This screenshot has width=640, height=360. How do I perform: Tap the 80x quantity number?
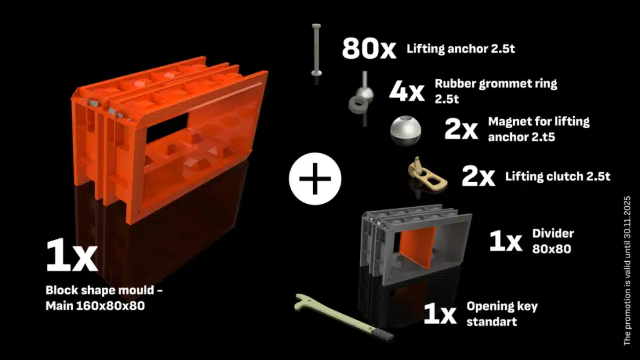click(369, 49)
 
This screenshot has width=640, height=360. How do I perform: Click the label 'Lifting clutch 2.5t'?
click(557, 177)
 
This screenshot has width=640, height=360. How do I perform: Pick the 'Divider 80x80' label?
click(553, 241)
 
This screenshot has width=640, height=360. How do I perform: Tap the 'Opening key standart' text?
click(502, 313)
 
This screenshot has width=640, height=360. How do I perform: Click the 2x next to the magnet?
click(461, 129)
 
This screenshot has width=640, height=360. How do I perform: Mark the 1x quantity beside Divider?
click(505, 241)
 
